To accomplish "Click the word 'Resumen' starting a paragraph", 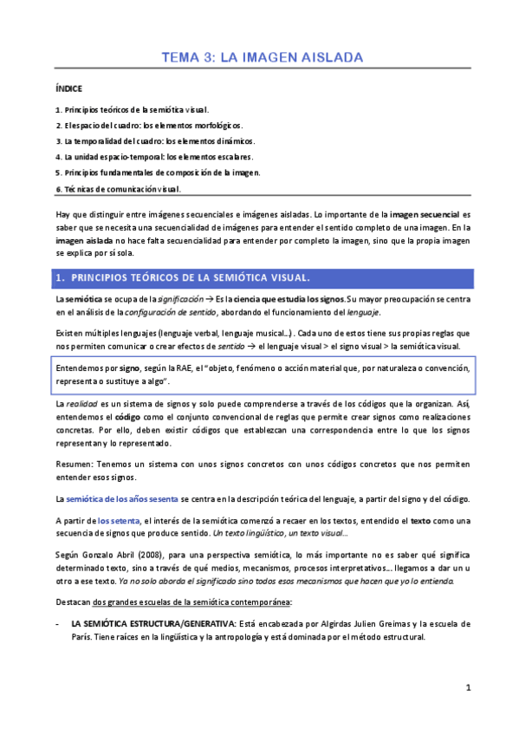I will pyautogui.click(x=72, y=464).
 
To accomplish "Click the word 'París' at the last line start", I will pyautogui.click(x=83, y=637).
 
